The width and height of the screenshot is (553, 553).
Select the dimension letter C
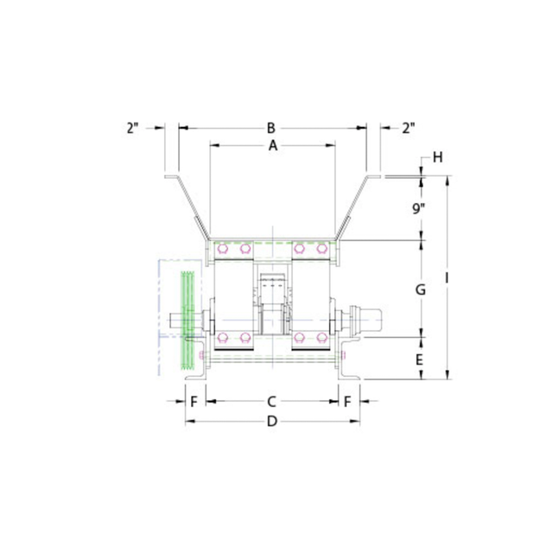[272, 402]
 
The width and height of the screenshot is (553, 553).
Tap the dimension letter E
[419, 359]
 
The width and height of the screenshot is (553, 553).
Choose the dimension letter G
[420, 289]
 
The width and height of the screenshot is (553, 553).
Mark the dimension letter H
[438, 157]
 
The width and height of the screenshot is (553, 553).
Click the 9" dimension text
[419, 208]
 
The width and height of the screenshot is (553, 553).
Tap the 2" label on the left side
[132, 128]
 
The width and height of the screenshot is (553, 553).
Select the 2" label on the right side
[409, 128]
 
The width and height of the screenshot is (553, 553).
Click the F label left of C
[194, 402]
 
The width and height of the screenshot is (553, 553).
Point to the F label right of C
[347, 402]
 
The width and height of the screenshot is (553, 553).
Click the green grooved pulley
[187, 321]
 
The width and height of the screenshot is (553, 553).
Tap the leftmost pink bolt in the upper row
[223, 251]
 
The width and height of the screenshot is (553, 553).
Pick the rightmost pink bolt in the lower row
[321, 337]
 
